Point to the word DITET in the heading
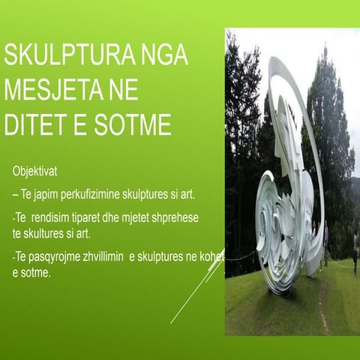tap(33, 124)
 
